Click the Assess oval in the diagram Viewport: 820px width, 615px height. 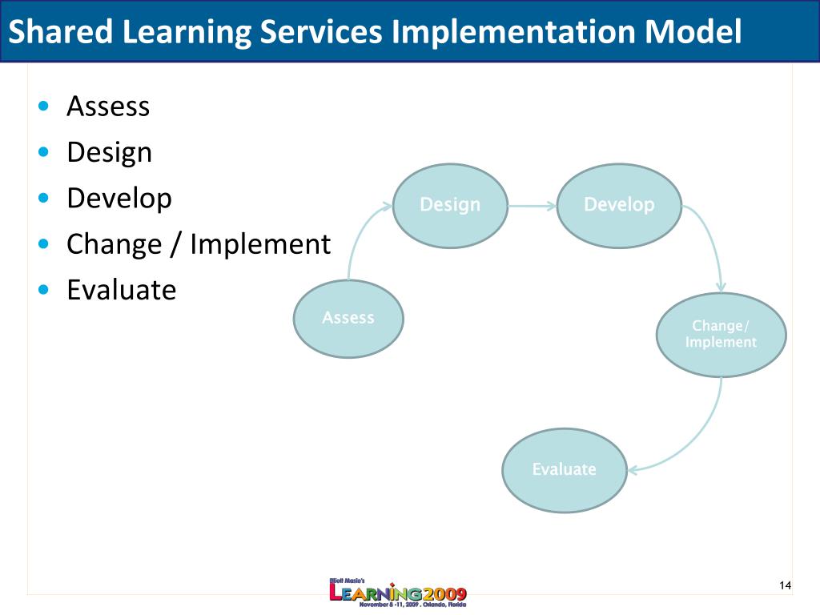tap(348, 319)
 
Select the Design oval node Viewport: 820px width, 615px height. tap(450, 206)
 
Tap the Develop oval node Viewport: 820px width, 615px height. tap(619, 206)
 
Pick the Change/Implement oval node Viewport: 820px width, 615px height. tap(722, 335)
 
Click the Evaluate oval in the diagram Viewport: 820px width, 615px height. tap(565, 470)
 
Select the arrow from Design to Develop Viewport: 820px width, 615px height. tap(533, 206)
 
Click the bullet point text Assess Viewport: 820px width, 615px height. tap(108, 107)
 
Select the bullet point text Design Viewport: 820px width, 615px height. tap(109, 153)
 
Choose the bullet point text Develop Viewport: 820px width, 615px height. tap(119, 199)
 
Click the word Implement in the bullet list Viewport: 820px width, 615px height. tap(260, 244)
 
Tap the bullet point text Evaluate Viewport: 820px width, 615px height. tap(122, 290)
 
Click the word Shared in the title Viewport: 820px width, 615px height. tap(61, 31)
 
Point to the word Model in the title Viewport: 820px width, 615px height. tap(693, 31)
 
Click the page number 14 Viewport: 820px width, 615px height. tap(785, 585)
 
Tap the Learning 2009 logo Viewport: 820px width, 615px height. tap(397, 593)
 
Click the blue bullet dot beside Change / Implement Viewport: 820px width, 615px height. tap(43, 244)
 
